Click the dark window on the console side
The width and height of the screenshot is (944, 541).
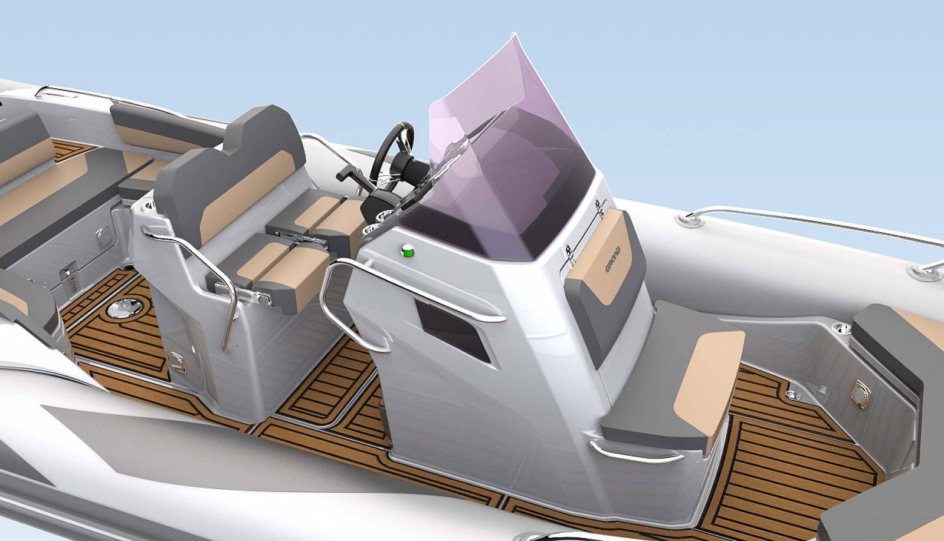[451, 329]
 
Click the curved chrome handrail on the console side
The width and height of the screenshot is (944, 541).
[378, 295]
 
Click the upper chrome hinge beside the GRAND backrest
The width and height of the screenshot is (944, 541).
[599, 206]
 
